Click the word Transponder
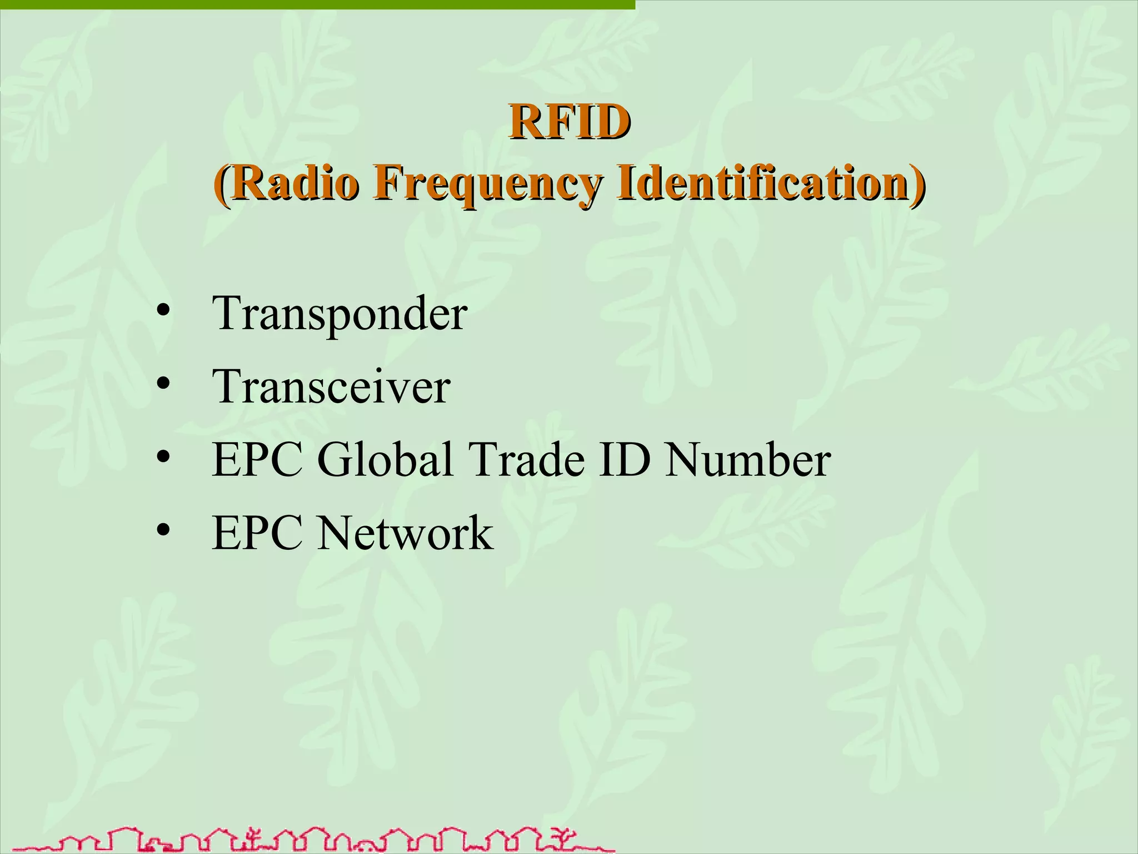click(340, 315)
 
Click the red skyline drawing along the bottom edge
click(311, 840)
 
